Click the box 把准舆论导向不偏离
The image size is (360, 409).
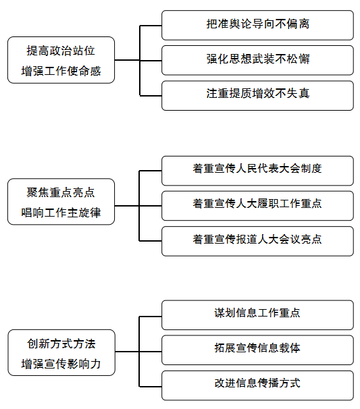pos(257,25)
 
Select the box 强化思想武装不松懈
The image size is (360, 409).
pos(257,60)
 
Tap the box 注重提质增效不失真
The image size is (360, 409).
pos(257,95)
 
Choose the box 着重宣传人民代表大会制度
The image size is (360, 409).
pos(257,171)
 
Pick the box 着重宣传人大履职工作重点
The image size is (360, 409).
pos(257,206)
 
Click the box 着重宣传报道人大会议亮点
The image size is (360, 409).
pos(257,241)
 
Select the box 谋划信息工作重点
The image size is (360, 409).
pos(257,315)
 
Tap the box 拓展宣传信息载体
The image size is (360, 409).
pos(257,350)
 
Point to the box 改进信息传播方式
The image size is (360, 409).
pos(257,385)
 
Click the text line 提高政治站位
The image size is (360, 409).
pos(61,51)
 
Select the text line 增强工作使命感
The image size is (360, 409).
pos(61,71)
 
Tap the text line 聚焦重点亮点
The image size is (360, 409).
pos(61,192)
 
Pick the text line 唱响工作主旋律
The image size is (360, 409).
pos(61,213)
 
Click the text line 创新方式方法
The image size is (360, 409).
pos(61,344)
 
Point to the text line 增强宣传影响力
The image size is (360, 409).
pos(61,364)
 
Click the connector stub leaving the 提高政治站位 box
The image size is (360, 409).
pos(127,60)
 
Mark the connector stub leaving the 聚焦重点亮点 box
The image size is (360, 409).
pos(127,206)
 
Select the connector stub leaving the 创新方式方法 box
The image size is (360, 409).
pos(127,352)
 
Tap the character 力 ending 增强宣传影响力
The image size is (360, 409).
pos(95,364)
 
